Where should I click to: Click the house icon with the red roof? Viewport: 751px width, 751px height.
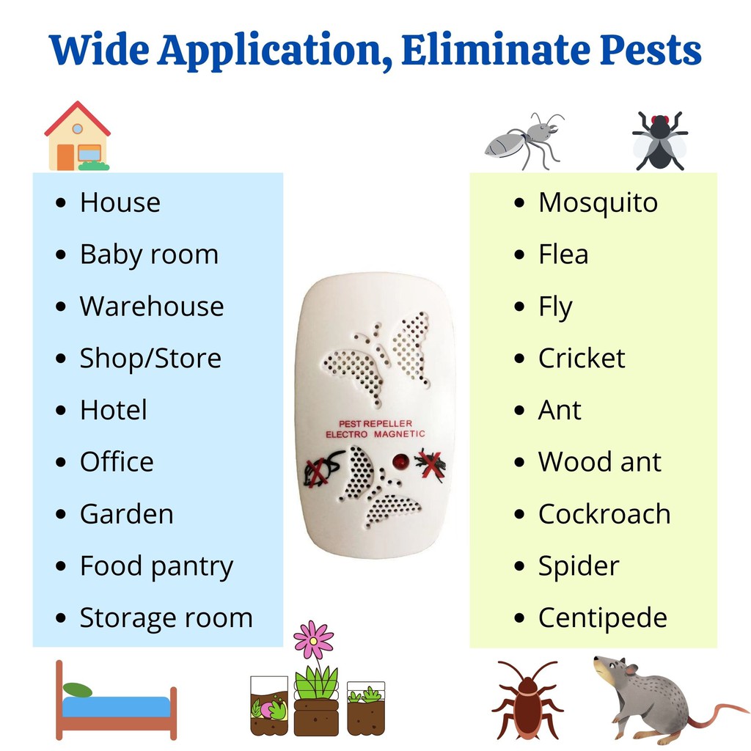pyautogui.click(x=77, y=136)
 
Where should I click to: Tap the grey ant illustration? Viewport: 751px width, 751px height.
pyautogui.click(x=525, y=141)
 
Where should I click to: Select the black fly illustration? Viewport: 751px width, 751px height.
pyautogui.click(x=660, y=141)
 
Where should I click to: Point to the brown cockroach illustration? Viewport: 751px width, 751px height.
pyautogui.click(x=527, y=700)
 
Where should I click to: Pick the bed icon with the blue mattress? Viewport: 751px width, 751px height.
pyautogui.click(x=116, y=700)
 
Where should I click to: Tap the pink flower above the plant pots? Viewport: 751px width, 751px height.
pyautogui.click(x=313, y=640)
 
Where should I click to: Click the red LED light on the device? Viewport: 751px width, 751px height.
pyautogui.click(x=400, y=462)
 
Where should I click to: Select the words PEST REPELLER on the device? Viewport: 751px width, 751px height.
pyautogui.click(x=375, y=424)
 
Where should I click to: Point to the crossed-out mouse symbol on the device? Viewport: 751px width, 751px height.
pyautogui.click(x=322, y=469)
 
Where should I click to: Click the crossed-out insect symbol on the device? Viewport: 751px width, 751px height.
pyautogui.click(x=431, y=464)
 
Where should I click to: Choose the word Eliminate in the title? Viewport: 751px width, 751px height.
pyautogui.click(x=495, y=50)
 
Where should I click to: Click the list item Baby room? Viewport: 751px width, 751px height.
pyautogui.click(x=149, y=254)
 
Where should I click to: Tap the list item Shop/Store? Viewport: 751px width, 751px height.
pyautogui.click(x=150, y=359)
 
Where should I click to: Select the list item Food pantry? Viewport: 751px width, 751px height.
pyautogui.click(x=157, y=567)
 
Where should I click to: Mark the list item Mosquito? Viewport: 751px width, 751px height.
pyautogui.click(x=598, y=203)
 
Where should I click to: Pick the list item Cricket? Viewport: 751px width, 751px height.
pyautogui.click(x=582, y=358)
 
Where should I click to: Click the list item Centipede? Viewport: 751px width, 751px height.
pyautogui.click(x=603, y=618)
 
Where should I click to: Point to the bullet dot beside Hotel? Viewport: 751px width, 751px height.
pyautogui.click(x=60, y=411)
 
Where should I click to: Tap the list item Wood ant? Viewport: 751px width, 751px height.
pyautogui.click(x=600, y=462)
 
